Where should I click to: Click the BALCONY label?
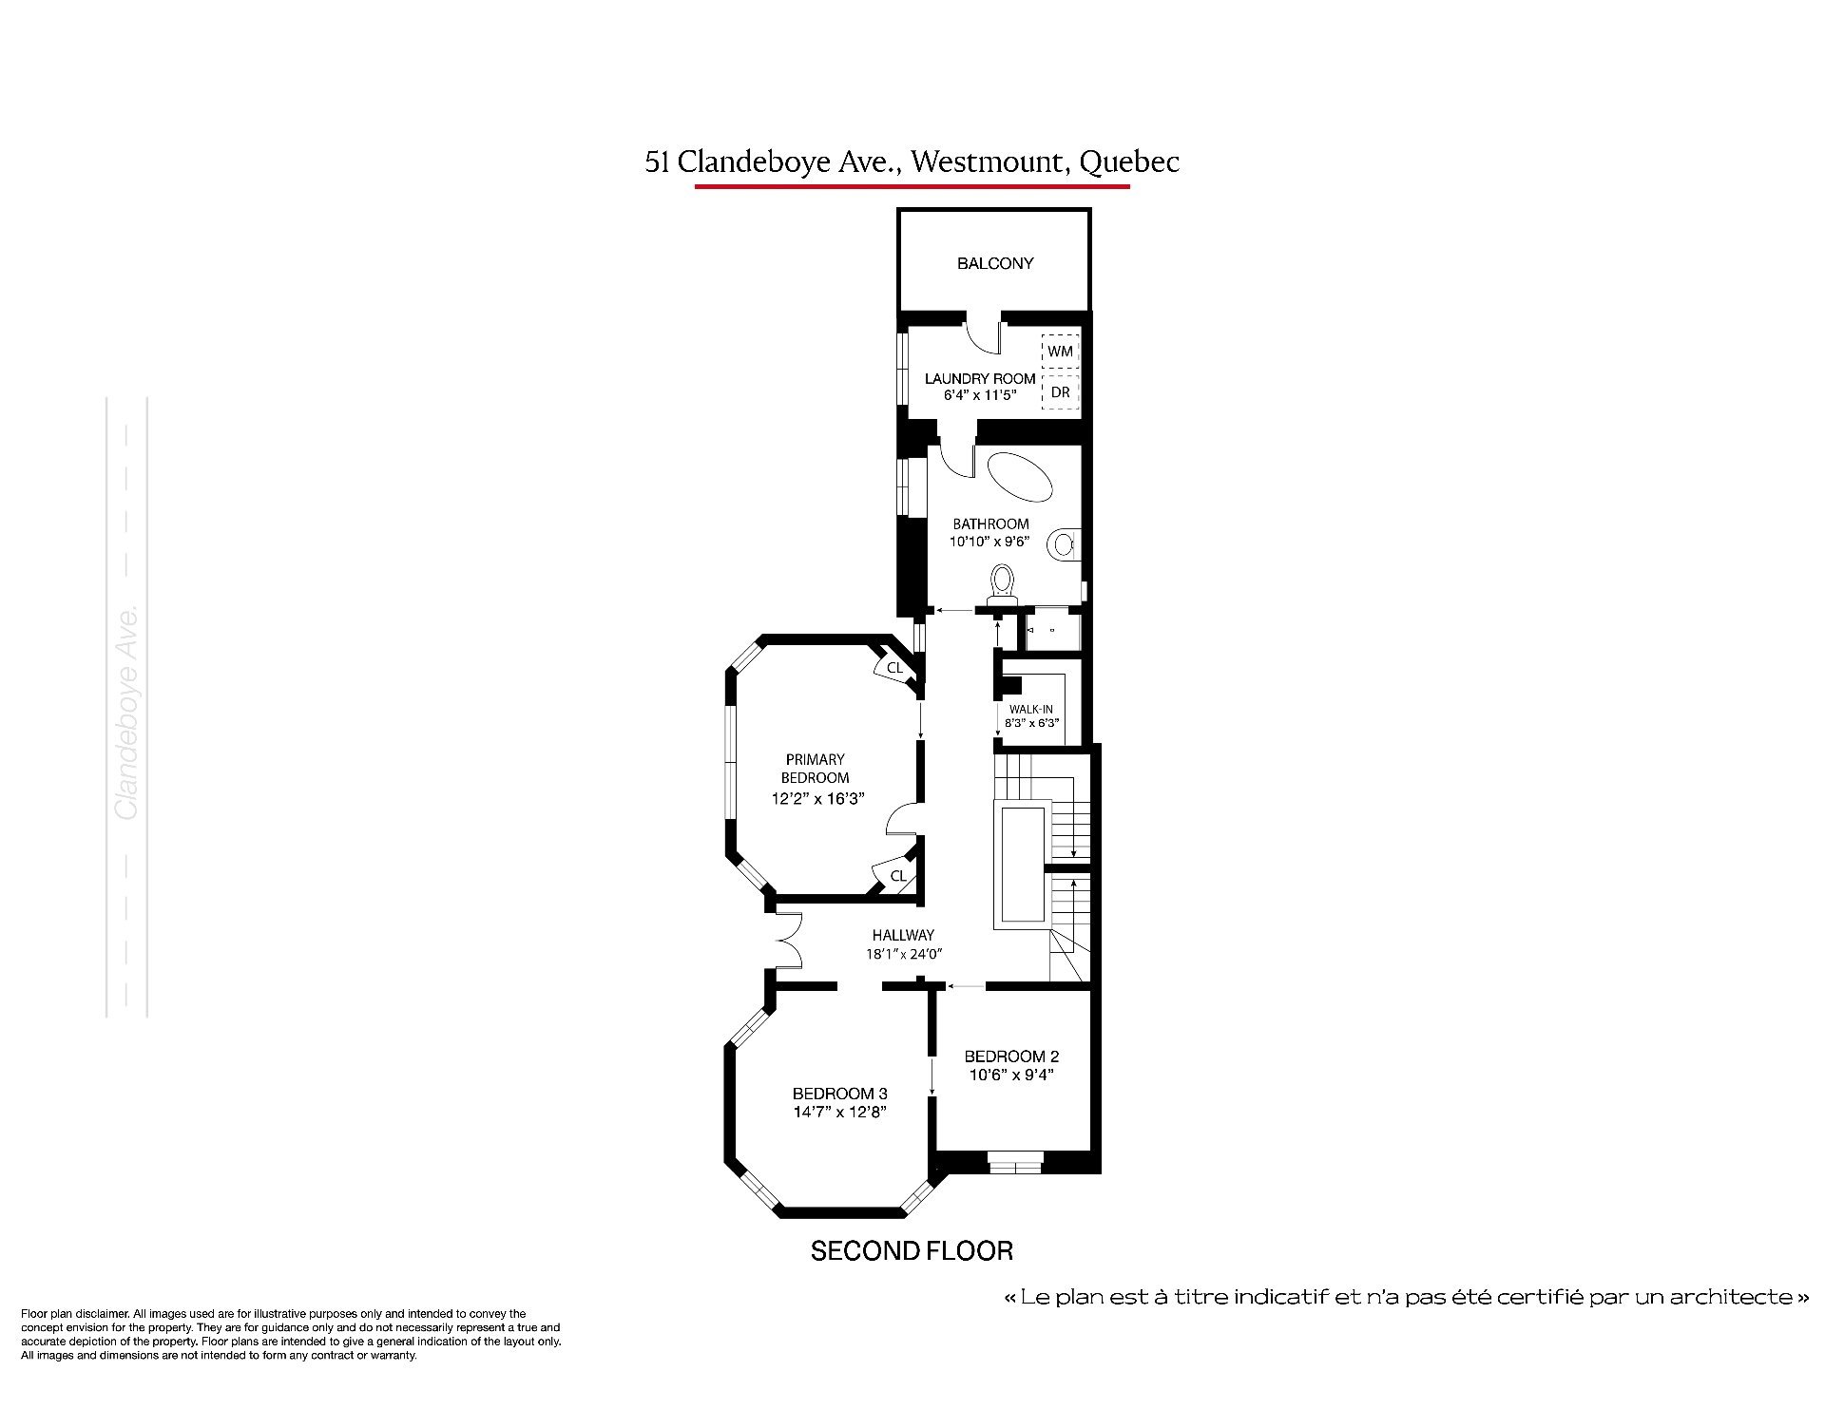[x=995, y=263]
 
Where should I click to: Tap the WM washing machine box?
[x=1061, y=351]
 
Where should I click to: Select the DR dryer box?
[x=1061, y=391]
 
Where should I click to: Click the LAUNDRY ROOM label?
[x=980, y=378]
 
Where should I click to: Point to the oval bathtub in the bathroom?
[x=1020, y=478]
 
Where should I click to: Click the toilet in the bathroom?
[x=1003, y=583]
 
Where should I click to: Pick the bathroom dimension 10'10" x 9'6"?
[x=990, y=542]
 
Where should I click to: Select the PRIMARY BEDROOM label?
[x=816, y=769]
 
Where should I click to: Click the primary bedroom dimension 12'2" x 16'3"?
[x=816, y=799]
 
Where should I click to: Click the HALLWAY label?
[x=903, y=935]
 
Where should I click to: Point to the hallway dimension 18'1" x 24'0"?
[x=903, y=955]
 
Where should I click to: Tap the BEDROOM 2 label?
[x=1011, y=1057]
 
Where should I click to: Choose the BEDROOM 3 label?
[x=840, y=1094]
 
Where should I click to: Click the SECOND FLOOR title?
[x=912, y=1251]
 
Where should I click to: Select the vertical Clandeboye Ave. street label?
[x=127, y=711]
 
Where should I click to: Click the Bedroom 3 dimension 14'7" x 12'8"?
[x=840, y=1113]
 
